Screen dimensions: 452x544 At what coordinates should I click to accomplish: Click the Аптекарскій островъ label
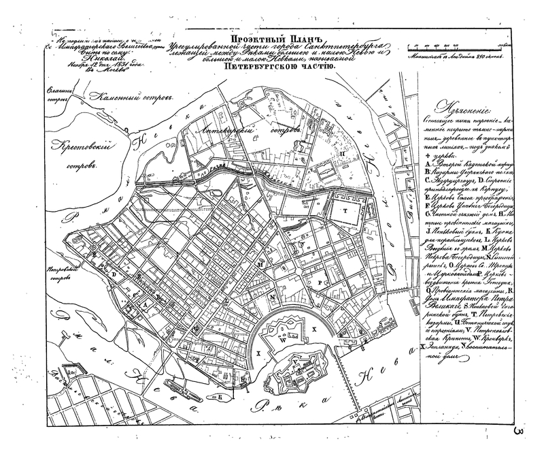click(235, 129)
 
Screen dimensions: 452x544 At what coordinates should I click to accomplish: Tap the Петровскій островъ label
click(60, 272)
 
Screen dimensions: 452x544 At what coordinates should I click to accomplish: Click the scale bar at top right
click(452, 46)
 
